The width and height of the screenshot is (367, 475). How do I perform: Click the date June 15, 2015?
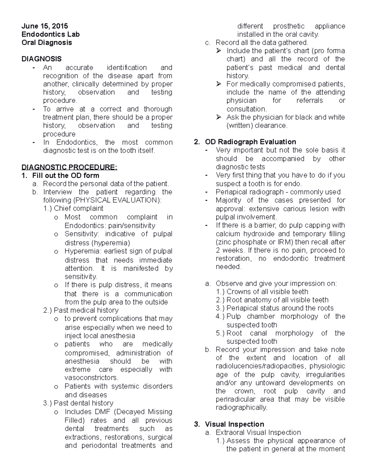[45, 26]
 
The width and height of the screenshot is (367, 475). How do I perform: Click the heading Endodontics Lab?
[50, 34]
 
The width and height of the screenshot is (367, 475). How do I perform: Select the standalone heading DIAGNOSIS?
[41, 59]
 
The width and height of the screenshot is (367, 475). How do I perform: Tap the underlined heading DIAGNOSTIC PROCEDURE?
[69, 167]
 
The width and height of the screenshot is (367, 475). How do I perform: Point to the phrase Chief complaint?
[78, 209]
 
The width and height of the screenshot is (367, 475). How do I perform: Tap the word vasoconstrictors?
[91, 378]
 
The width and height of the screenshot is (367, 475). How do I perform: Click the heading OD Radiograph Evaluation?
[250, 142]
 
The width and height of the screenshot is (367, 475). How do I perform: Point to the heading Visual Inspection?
[234, 424]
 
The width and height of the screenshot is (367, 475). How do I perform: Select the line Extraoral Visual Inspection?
[258, 432]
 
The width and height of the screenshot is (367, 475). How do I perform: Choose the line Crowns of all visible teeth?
[267, 292]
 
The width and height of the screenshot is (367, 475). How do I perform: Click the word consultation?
[247, 109]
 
